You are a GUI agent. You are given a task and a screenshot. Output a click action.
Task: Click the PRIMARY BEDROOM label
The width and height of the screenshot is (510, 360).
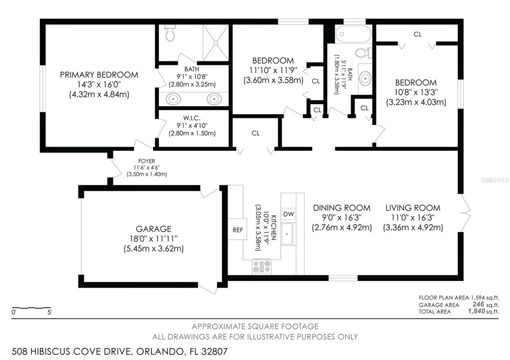(99, 75)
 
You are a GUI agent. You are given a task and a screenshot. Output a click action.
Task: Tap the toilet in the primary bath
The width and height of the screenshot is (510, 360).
(170, 33)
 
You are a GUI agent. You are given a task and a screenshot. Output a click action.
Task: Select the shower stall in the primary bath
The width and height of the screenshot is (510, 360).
(216, 43)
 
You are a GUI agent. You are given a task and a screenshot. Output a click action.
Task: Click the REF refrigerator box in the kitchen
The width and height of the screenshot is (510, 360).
(237, 230)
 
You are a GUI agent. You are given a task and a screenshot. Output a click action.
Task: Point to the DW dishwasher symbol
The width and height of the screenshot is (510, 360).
(288, 214)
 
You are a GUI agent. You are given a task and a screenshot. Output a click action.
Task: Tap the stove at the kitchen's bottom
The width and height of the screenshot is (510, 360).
(261, 267)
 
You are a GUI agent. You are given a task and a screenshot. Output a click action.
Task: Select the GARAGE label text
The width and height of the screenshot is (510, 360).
(153, 229)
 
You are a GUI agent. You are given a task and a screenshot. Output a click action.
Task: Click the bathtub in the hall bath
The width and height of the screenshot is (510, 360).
(353, 34)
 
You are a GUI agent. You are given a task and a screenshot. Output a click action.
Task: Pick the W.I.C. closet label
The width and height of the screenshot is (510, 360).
(192, 118)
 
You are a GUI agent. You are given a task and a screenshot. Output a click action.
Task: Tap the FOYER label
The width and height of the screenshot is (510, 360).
(146, 161)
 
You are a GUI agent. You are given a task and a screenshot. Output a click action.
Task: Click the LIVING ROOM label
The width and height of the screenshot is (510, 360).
(413, 208)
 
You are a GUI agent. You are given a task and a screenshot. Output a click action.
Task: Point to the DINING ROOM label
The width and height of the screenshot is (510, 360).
(342, 208)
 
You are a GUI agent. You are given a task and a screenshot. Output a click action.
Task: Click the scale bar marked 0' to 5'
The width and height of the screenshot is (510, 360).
(31, 308)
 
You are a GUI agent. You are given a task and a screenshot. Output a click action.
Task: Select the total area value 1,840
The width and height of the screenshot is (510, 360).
(476, 311)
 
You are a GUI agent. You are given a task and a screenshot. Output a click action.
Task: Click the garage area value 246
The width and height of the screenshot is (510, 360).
(478, 304)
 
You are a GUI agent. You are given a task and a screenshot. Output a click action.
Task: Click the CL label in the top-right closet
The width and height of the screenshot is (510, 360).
(418, 34)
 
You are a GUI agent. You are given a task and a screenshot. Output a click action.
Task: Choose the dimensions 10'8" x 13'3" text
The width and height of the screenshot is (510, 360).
(416, 92)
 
